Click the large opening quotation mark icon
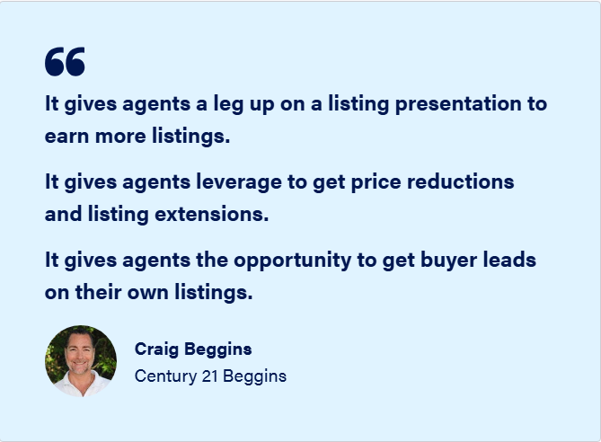pos(65,61)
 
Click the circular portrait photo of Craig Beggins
pos(81,361)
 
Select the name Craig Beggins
pos(193,349)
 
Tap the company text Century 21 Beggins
pos(210,376)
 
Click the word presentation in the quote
pos(458,104)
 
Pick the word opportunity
pos(293,261)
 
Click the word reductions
pos(460,181)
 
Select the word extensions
pos(212,214)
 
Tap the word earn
pos(66,137)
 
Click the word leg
pos(228,104)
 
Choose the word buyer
pos(449,261)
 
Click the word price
pos(376,182)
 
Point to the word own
pos(147,293)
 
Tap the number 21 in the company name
pos(209,376)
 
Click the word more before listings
pos(120,137)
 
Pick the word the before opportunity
pos(212,260)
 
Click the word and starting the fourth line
pos(63,214)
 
